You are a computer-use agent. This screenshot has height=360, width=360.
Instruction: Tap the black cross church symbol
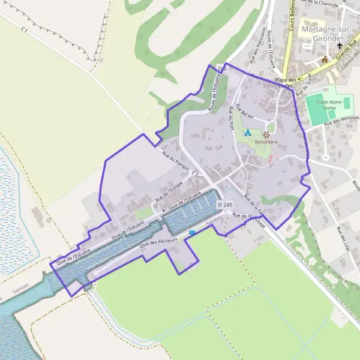[339, 46]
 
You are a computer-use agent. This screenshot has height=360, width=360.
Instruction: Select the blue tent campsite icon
[248, 132]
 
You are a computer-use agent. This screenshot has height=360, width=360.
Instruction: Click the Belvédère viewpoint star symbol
[266, 135]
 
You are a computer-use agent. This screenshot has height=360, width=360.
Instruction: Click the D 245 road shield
[225, 205]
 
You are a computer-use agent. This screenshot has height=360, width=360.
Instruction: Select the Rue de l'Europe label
[169, 190]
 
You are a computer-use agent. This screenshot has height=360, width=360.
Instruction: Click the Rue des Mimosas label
[341, 121]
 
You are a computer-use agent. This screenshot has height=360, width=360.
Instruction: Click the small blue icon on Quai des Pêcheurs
[192, 232]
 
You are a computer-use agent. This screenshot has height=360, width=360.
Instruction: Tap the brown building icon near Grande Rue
[325, 59]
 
